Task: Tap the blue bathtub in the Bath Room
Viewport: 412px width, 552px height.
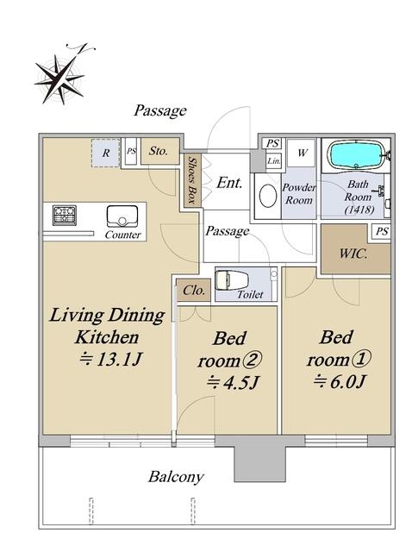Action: (x=356, y=154)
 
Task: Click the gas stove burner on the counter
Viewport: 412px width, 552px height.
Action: (x=65, y=216)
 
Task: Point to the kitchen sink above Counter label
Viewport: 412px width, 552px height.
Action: (x=122, y=216)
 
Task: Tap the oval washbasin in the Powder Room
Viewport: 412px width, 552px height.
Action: (x=268, y=196)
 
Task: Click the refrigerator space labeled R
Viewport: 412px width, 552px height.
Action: (x=106, y=153)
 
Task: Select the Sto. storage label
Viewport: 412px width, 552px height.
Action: (x=158, y=151)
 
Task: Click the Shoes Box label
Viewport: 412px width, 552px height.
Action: (x=191, y=180)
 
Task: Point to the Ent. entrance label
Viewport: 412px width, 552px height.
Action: (x=229, y=183)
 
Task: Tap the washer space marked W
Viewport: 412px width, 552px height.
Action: (x=303, y=153)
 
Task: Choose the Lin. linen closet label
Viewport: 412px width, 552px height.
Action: (x=274, y=161)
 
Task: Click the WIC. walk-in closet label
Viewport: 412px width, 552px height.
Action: (x=353, y=254)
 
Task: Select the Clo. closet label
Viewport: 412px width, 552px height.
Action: (x=194, y=291)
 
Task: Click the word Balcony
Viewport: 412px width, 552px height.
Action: (x=176, y=477)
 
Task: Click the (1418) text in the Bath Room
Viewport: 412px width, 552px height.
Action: (x=359, y=210)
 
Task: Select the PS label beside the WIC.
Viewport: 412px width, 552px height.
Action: (x=382, y=231)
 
